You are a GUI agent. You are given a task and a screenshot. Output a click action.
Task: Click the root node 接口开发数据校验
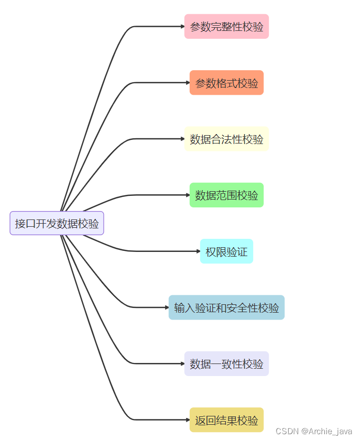click(x=57, y=223)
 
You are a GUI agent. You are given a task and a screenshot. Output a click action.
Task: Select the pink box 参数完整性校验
click(x=226, y=27)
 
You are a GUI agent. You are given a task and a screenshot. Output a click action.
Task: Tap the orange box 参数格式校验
click(x=226, y=83)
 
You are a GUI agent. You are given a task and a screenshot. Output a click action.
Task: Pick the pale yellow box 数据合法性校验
click(x=226, y=139)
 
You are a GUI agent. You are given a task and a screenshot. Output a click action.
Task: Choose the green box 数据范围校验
click(x=226, y=195)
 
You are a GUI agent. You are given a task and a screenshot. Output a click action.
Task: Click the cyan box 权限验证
click(x=226, y=251)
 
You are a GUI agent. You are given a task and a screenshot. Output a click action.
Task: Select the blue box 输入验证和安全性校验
click(x=226, y=307)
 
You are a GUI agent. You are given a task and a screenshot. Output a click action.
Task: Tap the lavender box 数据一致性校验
click(x=226, y=363)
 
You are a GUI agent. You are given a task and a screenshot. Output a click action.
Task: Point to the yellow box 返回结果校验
click(x=226, y=420)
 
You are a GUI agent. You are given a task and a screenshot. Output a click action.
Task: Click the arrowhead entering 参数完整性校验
click(x=182, y=26)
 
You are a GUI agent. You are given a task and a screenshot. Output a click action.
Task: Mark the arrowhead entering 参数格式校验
click(x=187, y=83)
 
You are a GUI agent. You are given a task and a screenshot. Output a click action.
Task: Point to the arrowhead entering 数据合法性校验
click(x=182, y=139)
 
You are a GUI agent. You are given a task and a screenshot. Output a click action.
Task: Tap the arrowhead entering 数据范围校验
click(x=187, y=195)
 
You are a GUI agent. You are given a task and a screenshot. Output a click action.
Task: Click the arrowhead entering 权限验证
click(x=198, y=251)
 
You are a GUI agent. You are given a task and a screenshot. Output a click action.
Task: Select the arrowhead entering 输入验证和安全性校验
click(x=166, y=307)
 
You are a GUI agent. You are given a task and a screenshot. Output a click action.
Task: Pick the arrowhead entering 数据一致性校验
click(x=182, y=363)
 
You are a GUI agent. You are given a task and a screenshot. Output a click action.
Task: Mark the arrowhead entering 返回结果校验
click(x=187, y=420)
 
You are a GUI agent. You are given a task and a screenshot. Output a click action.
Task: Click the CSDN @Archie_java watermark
click(x=313, y=431)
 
